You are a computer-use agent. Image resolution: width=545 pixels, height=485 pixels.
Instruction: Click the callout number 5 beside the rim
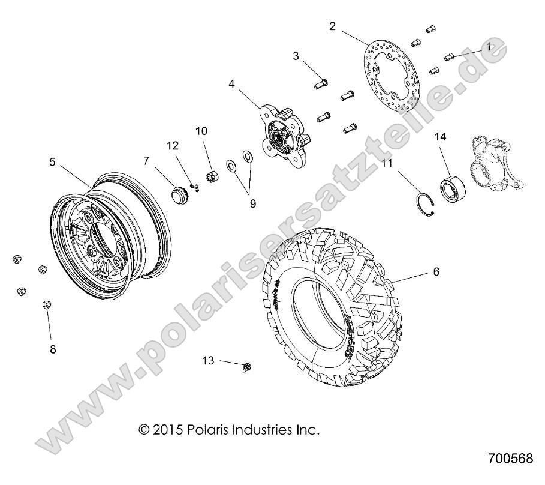[52, 161]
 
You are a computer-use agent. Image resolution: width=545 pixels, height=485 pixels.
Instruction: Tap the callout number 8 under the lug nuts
[53, 349]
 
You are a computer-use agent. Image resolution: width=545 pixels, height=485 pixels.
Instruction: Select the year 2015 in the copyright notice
[165, 430]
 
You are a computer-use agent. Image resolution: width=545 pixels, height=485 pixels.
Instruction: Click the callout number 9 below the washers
[253, 203]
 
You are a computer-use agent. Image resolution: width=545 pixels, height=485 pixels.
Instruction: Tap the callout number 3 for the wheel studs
[296, 56]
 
